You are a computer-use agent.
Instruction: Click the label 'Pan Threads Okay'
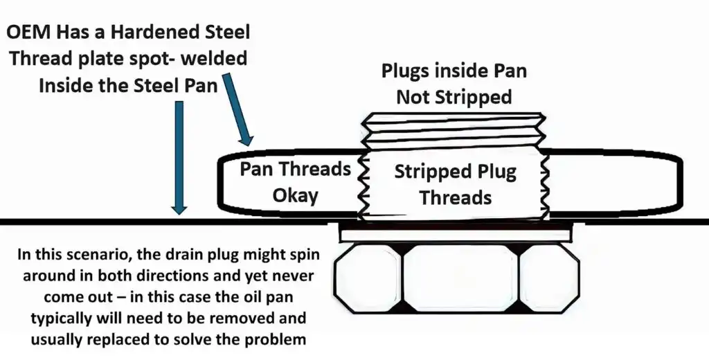pos(295,183)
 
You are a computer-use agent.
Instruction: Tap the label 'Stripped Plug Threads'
pos(455,184)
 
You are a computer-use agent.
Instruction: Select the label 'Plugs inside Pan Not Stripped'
pos(453,84)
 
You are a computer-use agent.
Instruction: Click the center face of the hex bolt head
pos(460,278)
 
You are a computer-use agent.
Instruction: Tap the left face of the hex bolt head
pos(367,278)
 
